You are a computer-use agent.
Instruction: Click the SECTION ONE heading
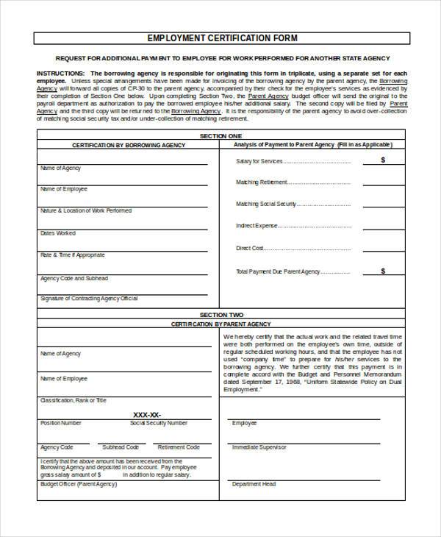tap(220, 137)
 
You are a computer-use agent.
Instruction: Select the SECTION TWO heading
tap(220, 314)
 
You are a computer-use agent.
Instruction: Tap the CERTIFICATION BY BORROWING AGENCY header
tap(129, 146)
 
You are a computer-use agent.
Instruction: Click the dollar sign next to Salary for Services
tap(383, 160)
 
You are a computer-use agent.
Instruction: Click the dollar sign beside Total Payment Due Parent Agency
tap(383, 271)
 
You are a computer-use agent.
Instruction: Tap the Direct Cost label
tap(250, 249)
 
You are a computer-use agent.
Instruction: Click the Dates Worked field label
tap(58, 233)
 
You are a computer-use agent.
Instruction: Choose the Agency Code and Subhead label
tap(74, 279)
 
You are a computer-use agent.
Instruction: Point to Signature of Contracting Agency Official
tap(89, 299)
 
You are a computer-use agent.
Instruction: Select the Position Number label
tap(61, 424)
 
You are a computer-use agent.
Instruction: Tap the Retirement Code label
tap(179, 447)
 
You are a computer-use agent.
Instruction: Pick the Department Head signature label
tap(254, 484)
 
